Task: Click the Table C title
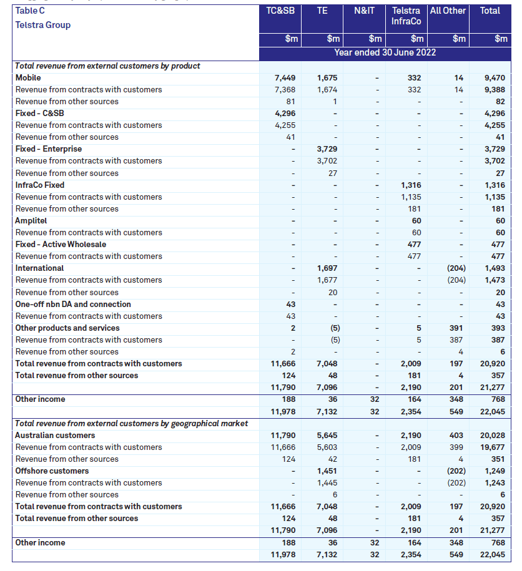pyautogui.click(x=30, y=11)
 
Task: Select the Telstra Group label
pyautogui.click(x=42, y=25)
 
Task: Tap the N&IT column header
pyautogui.click(x=364, y=11)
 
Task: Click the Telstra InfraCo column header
pyautogui.click(x=406, y=16)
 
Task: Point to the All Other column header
pyautogui.click(x=448, y=11)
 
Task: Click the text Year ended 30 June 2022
pyautogui.click(x=385, y=52)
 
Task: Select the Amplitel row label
pyautogui.click(x=31, y=221)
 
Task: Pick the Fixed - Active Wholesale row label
pyautogui.click(x=61, y=245)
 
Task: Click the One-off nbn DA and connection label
pyautogui.click(x=73, y=305)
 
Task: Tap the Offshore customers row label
pyautogui.click(x=52, y=471)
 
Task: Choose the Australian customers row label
pyautogui.click(x=55, y=436)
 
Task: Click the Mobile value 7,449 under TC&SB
pyautogui.click(x=285, y=78)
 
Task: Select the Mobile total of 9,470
pyautogui.click(x=495, y=78)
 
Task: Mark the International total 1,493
pyautogui.click(x=495, y=268)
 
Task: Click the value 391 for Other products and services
pyautogui.click(x=456, y=328)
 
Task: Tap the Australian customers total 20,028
pyautogui.click(x=492, y=436)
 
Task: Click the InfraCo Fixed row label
pyautogui.click(x=40, y=185)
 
